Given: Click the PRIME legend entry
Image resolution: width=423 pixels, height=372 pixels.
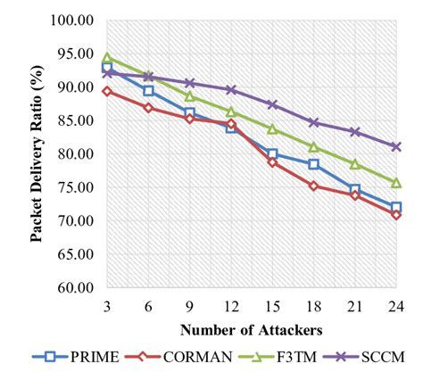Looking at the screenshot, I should pos(80,356).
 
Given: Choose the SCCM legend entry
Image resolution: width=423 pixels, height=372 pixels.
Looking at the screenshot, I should pos(361,356).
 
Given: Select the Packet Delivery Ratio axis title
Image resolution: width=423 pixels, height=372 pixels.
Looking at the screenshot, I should pos(37,153).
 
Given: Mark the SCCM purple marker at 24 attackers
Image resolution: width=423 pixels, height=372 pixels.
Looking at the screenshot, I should pos(395,146).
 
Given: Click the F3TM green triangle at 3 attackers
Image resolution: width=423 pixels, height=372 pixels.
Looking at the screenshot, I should pos(107,58).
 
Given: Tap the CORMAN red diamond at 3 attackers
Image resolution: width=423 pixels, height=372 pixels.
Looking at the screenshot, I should pos(107,91).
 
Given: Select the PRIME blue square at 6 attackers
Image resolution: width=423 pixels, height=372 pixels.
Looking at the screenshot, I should pos(148,90).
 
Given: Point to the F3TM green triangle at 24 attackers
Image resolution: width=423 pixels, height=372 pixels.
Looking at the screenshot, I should pos(395,182).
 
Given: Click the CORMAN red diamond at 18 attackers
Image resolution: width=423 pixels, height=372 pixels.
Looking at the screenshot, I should pos(313,186).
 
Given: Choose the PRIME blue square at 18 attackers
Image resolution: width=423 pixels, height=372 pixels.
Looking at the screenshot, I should pos(313,164).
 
